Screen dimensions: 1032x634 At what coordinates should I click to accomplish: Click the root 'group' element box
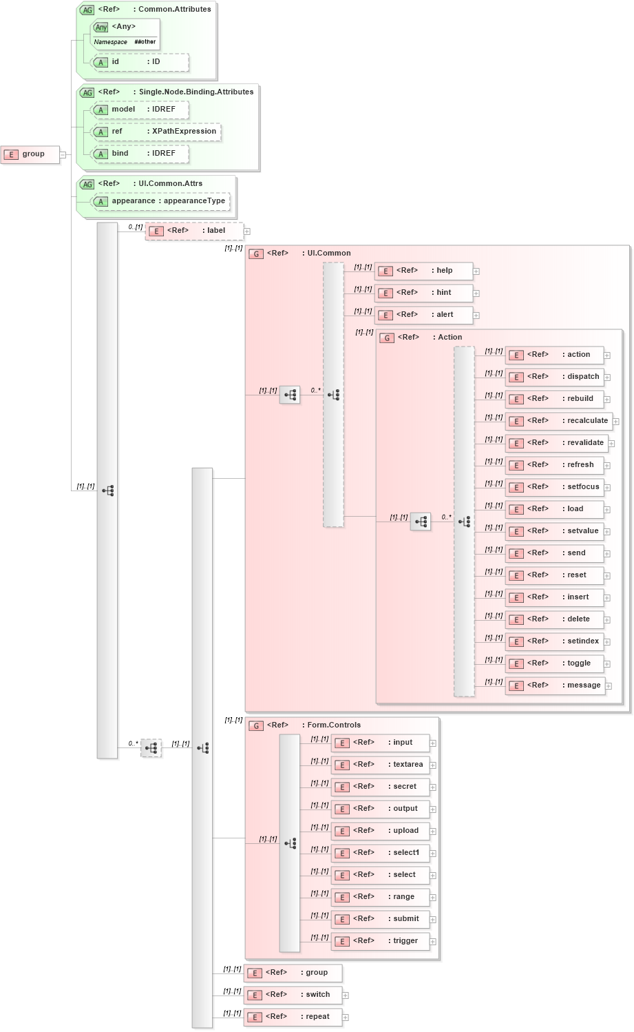point(30,154)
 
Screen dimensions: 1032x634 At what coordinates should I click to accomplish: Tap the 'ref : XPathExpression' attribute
point(156,132)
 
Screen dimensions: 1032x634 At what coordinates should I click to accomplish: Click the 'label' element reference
point(194,231)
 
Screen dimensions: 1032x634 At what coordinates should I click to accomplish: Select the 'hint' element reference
point(423,293)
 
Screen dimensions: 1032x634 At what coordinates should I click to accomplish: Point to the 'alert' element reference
point(423,315)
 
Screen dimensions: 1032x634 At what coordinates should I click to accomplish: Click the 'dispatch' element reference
point(555,377)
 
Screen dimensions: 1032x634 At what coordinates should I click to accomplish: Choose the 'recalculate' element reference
point(559,421)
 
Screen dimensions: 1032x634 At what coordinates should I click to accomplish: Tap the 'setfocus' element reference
point(555,487)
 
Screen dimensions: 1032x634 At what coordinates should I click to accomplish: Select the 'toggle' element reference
point(555,663)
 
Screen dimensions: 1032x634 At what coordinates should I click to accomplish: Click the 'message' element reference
point(555,685)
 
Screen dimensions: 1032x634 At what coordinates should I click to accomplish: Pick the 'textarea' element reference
point(380,765)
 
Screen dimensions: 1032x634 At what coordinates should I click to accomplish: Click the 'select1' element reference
point(380,853)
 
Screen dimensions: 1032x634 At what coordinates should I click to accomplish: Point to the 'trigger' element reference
point(380,941)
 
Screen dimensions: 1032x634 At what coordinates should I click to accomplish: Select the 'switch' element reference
point(293,995)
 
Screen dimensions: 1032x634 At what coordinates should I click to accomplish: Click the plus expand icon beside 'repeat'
point(346,1018)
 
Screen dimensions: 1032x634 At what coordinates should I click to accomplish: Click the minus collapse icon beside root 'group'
point(63,154)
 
